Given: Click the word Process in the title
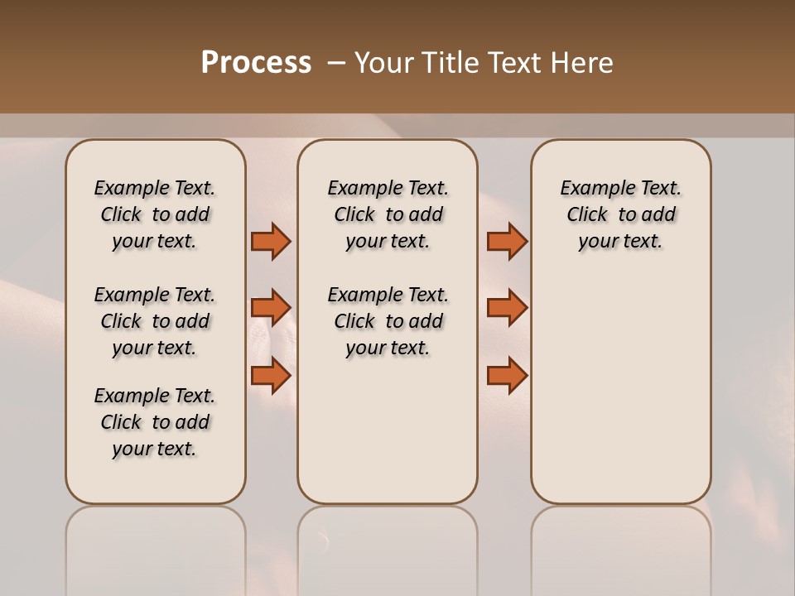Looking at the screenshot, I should (x=256, y=63).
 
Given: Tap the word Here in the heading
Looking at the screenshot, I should (x=583, y=63).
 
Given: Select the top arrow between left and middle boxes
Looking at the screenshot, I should (x=271, y=241).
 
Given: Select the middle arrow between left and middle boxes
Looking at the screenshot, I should (x=271, y=308).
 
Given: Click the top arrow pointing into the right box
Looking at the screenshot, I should (x=507, y=241).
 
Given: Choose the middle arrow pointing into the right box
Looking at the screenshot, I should (x=507, y=308).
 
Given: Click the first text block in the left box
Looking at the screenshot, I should (x=155, y=214).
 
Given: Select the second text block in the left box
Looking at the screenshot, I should (x=155, y=321).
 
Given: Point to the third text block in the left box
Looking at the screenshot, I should (x=155, y=422).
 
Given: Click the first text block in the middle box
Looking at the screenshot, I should (x=388, y=214).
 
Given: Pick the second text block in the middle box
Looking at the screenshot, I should (x=388, y=321).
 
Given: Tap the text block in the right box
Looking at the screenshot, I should (x=621, y=214).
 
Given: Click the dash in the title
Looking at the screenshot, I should (x=336, y=63).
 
